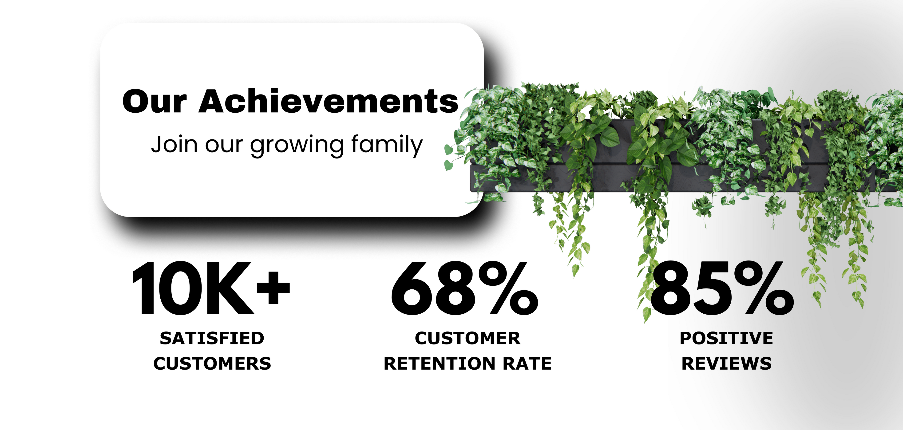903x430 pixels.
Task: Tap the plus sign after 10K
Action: [273, 288]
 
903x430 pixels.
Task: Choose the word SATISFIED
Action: [212, 339]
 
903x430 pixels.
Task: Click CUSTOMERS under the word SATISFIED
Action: [212, 364]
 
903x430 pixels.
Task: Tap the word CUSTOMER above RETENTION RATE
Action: [468, 339]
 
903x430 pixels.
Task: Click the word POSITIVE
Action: [727, 339]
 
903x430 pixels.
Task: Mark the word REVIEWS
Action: [727, 364]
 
